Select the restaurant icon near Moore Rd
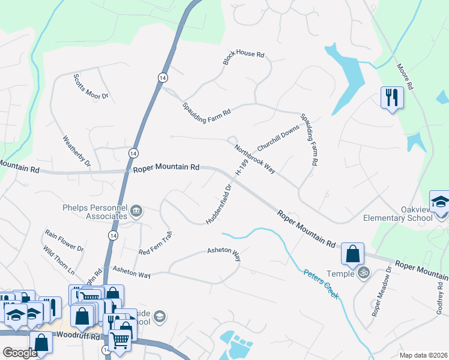coord(392,97)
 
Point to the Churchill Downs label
coord(278,139)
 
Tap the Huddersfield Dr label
coord(218,204)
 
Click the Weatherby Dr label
coord(76,151)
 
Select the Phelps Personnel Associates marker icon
coord(136,210)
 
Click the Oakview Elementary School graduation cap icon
coord(440,202)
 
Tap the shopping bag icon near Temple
coord(352,253)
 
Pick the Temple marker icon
coord(363,273)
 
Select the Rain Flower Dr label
coord(64,239)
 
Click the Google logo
coord(20,352)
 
